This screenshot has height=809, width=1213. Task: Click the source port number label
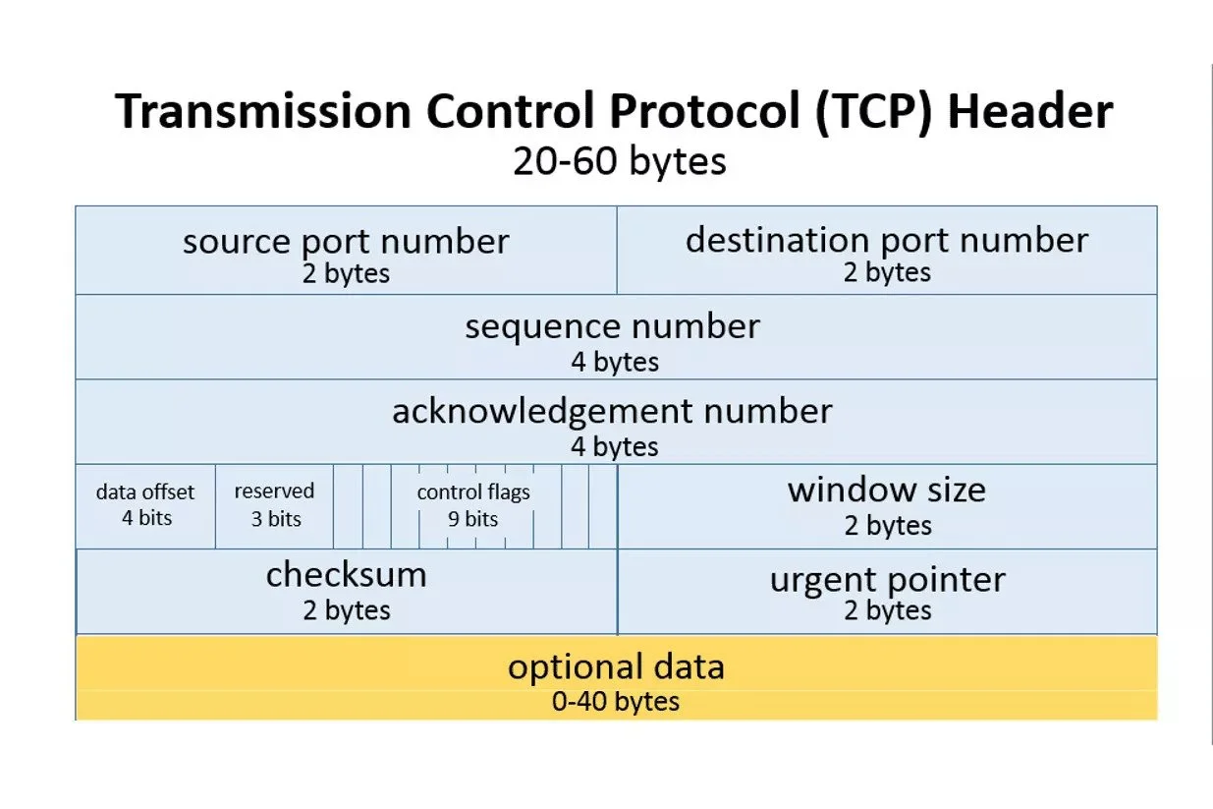coord(346,241)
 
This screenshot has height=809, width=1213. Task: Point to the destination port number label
coord(887,240)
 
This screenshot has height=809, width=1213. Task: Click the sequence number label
coord(613,326)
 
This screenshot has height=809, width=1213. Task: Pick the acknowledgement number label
coord(612,411)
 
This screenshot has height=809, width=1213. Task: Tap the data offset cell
coord(145,504)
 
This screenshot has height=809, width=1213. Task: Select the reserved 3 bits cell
coord(274,504)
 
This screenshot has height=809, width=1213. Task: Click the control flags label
coord(473,492)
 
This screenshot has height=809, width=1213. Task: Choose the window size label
coord(887,490)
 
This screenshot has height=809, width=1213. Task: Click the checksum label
coord(346,575)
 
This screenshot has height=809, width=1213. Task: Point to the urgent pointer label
coord(887,579)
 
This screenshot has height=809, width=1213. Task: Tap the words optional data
coord(616,667)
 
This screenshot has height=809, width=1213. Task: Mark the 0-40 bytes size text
coord(616,702)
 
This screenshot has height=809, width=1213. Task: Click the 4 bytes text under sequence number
coord(615,362)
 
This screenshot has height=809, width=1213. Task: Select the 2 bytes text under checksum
coord(346,610)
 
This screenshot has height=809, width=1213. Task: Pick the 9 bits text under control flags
coord(473,519)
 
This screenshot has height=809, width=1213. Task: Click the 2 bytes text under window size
coord(887,525)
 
